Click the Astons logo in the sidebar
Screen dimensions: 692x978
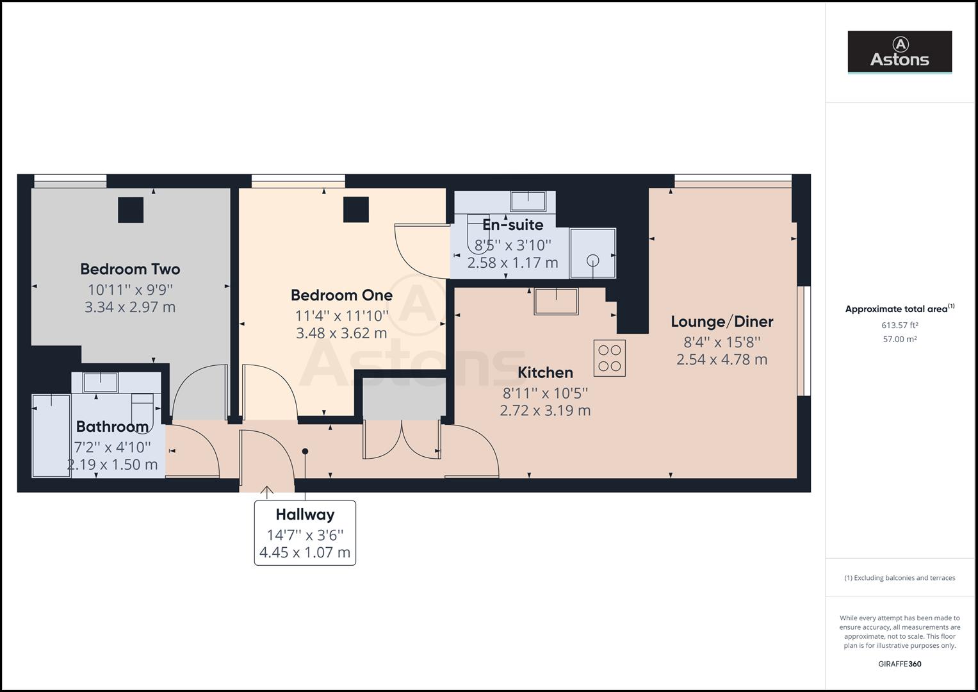pyautogui.click(x=899, y=52)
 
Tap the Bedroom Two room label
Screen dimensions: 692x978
pyautogui.click(x=130, y=269)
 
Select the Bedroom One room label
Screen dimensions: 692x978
pyautogui.click(x=341, y=295)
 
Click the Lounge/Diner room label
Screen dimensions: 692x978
pyautogui.click(x=722, y=322)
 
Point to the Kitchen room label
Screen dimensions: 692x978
pyautogui.click(x=545, y=372)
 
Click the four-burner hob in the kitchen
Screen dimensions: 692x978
pyautogui.click(x=609, y=358)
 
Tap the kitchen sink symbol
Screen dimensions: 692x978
pyautogui.click(x=556, y=301)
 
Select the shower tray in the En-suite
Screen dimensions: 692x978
pyautogui.click(x=592, y=254)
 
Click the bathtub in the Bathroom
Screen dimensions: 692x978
pyautogui.click(x=51, y=436)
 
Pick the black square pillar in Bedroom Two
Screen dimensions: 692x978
pyautogui.click(x=131, y=210)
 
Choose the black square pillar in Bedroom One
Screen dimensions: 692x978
pyautogui.click(x=356, y=210)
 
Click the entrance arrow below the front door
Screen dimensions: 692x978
pyautogui.click(x=267, y=492)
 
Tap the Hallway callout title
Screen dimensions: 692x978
pyautogui.click(x=305, y=515)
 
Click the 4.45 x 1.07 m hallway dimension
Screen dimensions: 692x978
pyautogui.click(x=305, y=552)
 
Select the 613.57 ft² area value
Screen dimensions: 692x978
pyautogui.click(x=899, y=325)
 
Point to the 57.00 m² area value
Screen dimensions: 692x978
pyautogui.click(x=899, y=340)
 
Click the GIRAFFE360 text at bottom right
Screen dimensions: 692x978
pyautogui.click(x=899, y=664)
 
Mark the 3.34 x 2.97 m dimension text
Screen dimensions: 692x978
pyautogui.click(x=130, y=307)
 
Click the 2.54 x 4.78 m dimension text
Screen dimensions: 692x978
pyautogui.click(x=722, y=359)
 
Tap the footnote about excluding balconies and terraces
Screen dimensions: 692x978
pyautogui.click(x=899, y=578)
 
